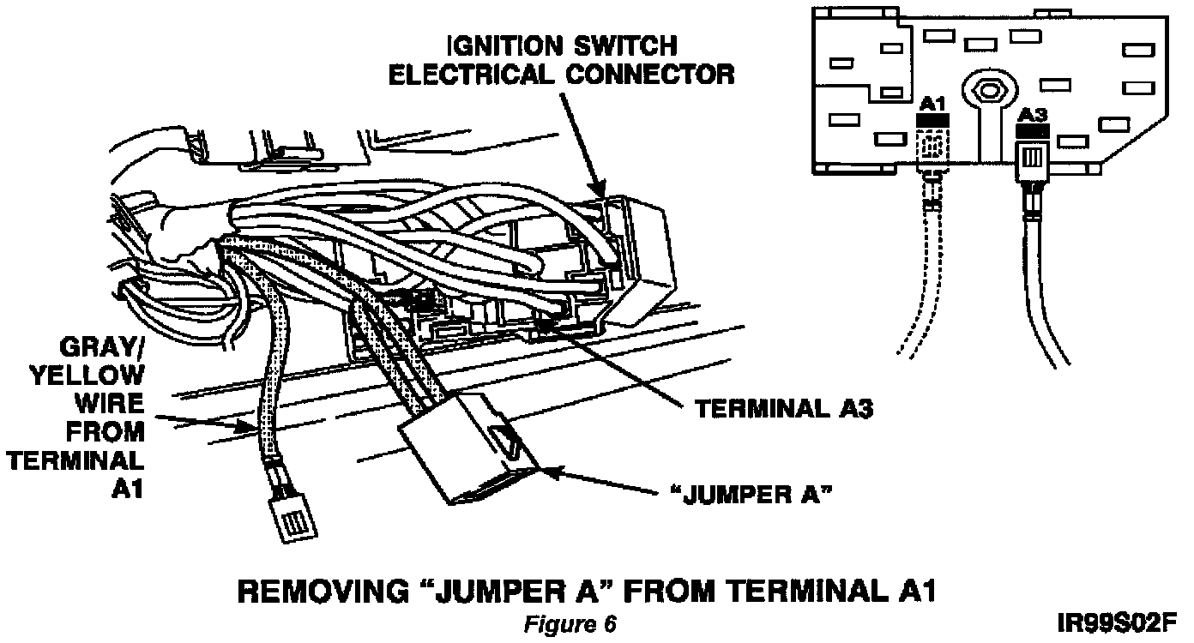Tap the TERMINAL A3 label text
coord(783,409)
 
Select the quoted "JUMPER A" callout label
coord(751,495)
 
